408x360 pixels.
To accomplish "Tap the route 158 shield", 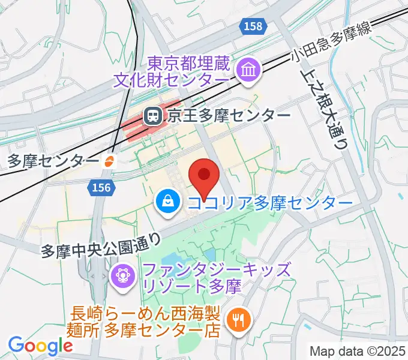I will (253, 25).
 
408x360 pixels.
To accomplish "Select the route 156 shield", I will (101, 188).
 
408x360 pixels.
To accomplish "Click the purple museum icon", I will (247, 71).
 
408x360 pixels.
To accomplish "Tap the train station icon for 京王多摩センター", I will (152, 115).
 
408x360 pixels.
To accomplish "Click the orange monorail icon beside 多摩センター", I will (110, 161).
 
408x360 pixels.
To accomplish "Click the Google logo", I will (40, 346).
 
